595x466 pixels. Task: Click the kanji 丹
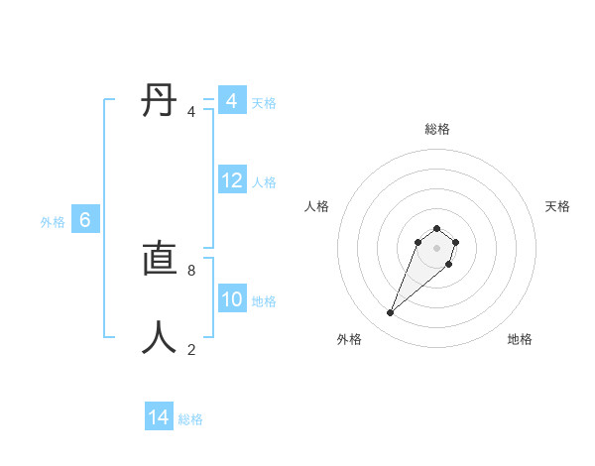[160, 101]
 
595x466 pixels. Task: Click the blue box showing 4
[231, 101]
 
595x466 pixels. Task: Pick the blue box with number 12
[232, 180]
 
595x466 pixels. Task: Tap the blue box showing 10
[232, 299]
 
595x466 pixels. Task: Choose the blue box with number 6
[85, 220]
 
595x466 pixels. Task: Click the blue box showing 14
[159, 417]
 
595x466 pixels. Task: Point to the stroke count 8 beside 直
[191, 270]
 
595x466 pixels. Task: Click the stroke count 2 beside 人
[191, 349]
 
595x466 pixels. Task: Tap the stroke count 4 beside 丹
[191, 111]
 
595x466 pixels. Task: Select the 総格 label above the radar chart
[437, 129]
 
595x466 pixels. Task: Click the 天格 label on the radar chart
[558, 206]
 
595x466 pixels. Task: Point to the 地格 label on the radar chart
[520, 339]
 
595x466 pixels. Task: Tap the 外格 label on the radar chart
[349, 339]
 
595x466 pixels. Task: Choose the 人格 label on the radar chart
[317, 206]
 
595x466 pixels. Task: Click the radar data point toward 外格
[390, 313]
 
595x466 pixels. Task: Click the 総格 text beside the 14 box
[190, 419]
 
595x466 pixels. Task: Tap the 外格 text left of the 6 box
[53, 222]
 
